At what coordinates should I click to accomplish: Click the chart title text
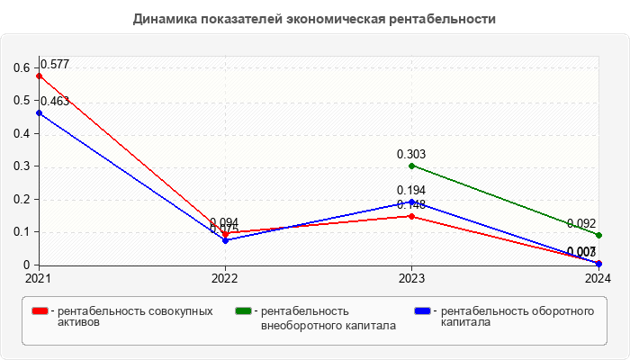(314, 19)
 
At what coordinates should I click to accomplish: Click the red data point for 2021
(39, 76)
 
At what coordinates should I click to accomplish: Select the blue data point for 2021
(39, 113)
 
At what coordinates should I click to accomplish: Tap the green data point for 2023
(411, 166)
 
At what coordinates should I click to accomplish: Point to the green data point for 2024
(598, 235)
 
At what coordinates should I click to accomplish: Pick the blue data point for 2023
(411, 202)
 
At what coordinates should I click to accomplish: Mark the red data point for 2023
(411, 216)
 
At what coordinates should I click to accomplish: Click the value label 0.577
(55, 65)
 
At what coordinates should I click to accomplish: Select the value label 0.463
(55, 102)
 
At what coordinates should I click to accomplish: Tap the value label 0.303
(411, 154)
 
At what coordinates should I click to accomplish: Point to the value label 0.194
(411, 191)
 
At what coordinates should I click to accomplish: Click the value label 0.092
(582, 224)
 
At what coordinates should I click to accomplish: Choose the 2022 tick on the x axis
(225, 279)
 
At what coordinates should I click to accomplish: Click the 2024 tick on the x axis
(597, 279)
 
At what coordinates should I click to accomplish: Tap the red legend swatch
(40, 311)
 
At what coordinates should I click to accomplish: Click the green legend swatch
(243, 311)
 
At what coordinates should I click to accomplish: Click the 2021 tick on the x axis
(39, 279)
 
